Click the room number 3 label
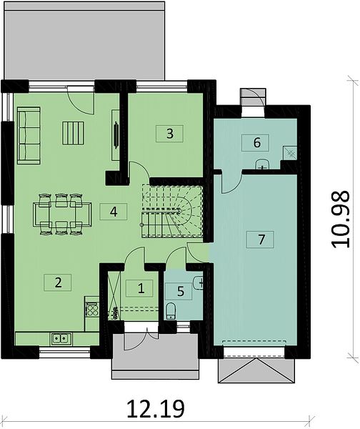click(x=169, y=134)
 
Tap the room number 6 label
click(x=256, y=142)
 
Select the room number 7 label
click(x=261, y=240)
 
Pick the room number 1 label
click(x=141, y=288)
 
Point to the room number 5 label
click(x=180, y=292)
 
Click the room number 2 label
click(x=58, y=282)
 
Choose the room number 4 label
click(x=114, y=212)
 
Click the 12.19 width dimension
click(x=156, y=409)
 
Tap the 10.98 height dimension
click(x=341, y=220)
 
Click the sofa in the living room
click(x=29, y=135)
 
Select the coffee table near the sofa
click(x=74, y=133)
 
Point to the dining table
click(x=62, y=214)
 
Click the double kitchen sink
click(x=61, y=339)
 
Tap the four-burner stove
click(x=92, y=310)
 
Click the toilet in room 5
click(x=171, y=311)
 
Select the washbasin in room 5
click(x=198, y=283)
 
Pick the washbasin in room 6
click(x=262, y=164)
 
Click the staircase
click(x=172, y=211)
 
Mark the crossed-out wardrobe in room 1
click(x=114, y=295)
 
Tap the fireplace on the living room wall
click(x=116, y=135)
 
